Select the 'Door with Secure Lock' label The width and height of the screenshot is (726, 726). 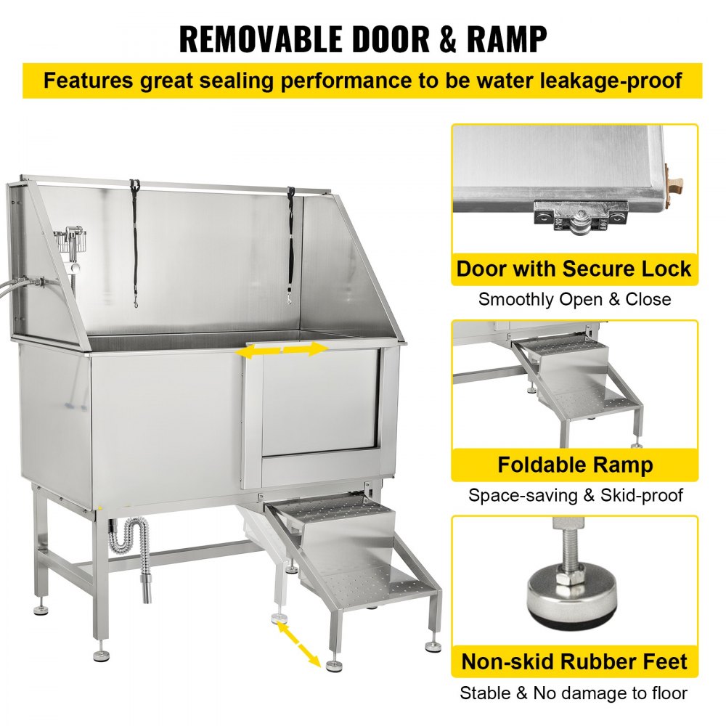tap(574, 269)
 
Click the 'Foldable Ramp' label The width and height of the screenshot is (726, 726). tap(575, 465)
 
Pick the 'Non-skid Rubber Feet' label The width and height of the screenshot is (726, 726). tap(574, 661)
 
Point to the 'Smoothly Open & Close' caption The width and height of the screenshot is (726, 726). tap(574, 299)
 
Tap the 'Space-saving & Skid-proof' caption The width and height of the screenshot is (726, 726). tap(574, 495)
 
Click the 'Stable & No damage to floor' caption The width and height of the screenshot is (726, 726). tap(574, 693)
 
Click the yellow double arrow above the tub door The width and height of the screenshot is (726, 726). tap(283, 350)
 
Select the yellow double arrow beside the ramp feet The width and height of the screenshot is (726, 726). tap(298, 644)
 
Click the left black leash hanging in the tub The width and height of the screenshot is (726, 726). tap(134, 240)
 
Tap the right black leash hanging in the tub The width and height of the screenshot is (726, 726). tap(290, 243)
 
